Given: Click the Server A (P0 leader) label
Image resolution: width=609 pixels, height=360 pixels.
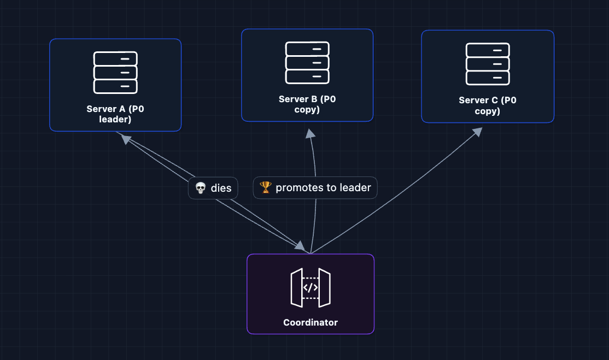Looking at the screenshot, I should (x=115, y=114).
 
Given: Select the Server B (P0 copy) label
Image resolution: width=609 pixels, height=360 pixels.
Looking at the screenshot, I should (x=307, y=104).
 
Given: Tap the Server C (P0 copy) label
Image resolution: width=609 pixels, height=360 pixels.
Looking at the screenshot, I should (x=487, y=105).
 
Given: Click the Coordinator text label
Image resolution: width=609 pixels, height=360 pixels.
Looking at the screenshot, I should (x=311, y=322).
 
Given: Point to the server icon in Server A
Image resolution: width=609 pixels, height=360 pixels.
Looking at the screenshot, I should (x=115, y=72).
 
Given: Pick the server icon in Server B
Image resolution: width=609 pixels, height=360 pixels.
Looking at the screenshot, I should (x=307, y=63).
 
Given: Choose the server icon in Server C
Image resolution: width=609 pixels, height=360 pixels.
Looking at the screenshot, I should (x=488, y=64).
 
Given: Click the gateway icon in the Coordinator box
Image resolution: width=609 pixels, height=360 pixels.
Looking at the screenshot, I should (x=311, y=287).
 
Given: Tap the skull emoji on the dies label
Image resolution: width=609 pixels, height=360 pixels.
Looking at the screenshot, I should (x=201, y=188).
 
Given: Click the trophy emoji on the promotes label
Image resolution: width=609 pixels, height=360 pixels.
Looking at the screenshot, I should (x=266, y=187).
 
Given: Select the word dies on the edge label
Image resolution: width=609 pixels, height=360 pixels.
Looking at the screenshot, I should (x=221, y=188).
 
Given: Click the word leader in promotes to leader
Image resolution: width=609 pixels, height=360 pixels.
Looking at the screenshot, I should (x=355, y=187).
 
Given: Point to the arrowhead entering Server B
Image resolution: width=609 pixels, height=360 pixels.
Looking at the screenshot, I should (x=310, y=133).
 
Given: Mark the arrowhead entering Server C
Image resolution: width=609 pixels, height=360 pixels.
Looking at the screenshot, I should (x=477, y=132).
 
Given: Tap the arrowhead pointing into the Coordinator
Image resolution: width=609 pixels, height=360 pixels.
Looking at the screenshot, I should (x=300, y=246).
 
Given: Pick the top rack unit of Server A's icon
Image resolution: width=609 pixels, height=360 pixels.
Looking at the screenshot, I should (x=115, y=58).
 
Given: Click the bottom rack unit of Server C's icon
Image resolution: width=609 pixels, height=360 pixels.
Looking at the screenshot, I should (x=488, y=78).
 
